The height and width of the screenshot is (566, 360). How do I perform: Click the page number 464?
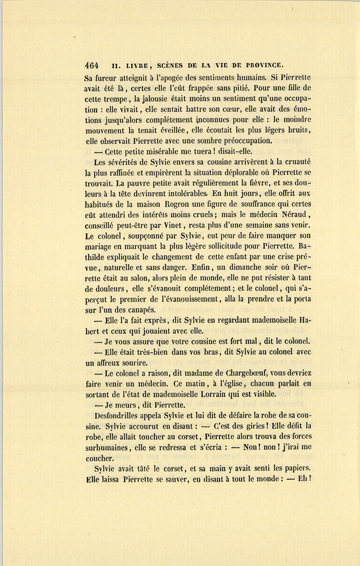pos(92,65)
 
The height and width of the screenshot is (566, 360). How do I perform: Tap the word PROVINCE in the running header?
pos(262,65)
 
